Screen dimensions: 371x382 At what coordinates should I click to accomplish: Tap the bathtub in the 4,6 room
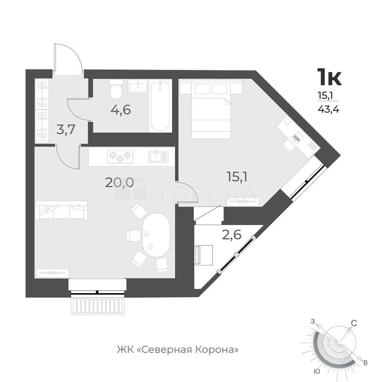[x=160, y=106]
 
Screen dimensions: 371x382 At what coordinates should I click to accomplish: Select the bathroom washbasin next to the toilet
[x=138, y=86]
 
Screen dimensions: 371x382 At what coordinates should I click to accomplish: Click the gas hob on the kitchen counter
[x=120, y=156]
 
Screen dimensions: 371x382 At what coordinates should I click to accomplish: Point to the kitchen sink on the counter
[x=158, y=156]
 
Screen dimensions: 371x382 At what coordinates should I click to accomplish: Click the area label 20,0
[x=120, y=182]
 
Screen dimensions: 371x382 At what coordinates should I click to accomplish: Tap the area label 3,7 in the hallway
[x=65, y=130]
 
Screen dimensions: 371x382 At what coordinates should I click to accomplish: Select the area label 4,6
[x=121, y=110]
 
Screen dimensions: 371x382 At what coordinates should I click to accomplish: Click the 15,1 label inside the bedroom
[x=237, y=177]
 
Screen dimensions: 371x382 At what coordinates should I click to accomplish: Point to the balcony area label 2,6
[x=232, y=235]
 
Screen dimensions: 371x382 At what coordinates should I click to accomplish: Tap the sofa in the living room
[x=61, y=210]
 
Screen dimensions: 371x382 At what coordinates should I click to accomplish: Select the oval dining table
[x=156, y=235]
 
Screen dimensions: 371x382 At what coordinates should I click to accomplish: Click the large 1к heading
[x=329, y=77]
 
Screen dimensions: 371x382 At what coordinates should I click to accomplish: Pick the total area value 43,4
[x=328, y=109]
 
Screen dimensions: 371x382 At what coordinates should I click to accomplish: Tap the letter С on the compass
[x=354, y=323]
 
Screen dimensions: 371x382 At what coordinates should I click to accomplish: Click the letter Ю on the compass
[x=317, y=371]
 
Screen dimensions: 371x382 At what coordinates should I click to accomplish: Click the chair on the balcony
[x=204, y=255]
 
